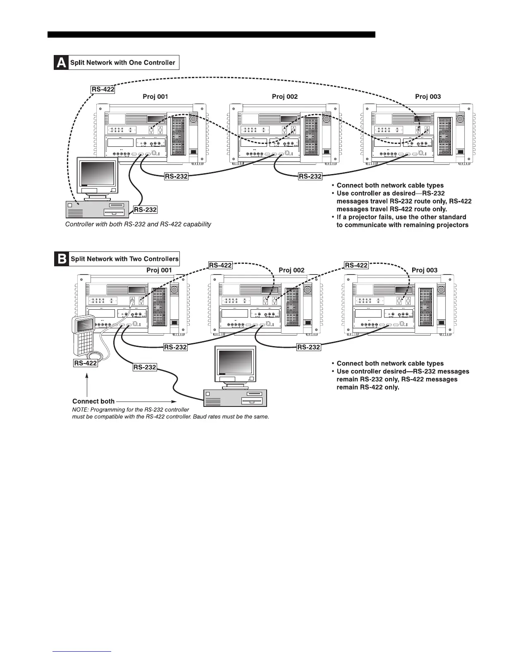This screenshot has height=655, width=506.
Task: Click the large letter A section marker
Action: (x=61, y=62)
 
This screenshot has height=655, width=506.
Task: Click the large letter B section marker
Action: (x=61, y=259)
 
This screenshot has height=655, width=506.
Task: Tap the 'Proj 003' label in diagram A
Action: (x=428, y=96)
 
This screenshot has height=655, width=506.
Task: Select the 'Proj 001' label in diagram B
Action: (x=159, y=270)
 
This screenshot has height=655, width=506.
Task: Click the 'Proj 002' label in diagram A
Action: (x=285, y=96)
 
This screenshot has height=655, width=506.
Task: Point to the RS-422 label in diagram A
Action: (x=103, y=89)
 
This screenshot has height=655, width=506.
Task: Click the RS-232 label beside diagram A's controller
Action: (x=145, y=210)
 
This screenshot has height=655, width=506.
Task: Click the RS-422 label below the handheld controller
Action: (x=86, y=363)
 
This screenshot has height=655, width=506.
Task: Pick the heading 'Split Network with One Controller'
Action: (x=123, y=63)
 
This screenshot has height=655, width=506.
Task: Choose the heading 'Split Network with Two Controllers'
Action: (x=124, y=259)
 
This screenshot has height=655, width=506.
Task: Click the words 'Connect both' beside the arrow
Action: (x=93, y=401)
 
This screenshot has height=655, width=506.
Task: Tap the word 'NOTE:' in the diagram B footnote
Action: (x=81, y=409)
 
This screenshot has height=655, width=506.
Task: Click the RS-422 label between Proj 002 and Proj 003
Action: (x=356, y=265)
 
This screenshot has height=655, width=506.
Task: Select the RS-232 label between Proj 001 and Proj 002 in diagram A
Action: (x=176, y=177)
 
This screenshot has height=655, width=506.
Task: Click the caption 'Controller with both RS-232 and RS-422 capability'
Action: (x=138, y=224)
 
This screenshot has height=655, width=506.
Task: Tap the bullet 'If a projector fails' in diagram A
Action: (x=401, y=217)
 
